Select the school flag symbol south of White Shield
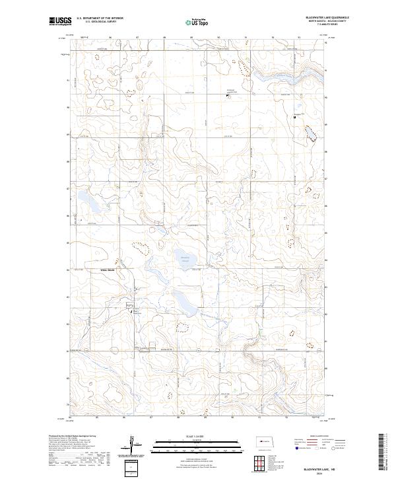point(131,310)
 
